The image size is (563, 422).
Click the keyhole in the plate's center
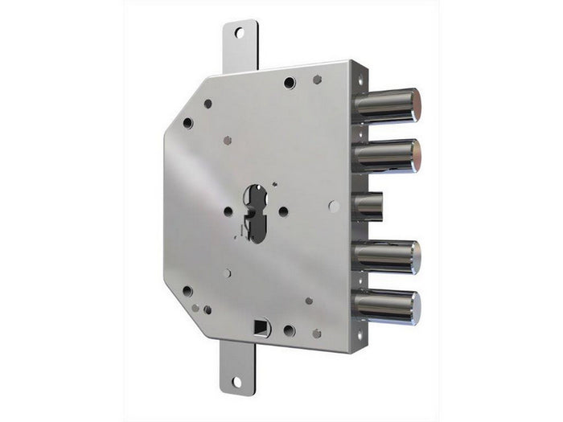point(256,211)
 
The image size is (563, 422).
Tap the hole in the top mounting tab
point(238,33)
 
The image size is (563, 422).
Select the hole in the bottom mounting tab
point(237,382)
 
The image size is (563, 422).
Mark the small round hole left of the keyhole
point(228,211)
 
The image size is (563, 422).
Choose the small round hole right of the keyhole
point(283,211)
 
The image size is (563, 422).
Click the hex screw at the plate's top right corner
point(317,80)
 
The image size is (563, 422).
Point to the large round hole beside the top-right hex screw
point(290,82)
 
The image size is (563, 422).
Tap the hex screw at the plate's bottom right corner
point(316,333)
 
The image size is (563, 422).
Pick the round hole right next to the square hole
point(289,330)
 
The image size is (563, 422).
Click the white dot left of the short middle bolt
point(334,207)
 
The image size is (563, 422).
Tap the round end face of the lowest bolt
point(415,306)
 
